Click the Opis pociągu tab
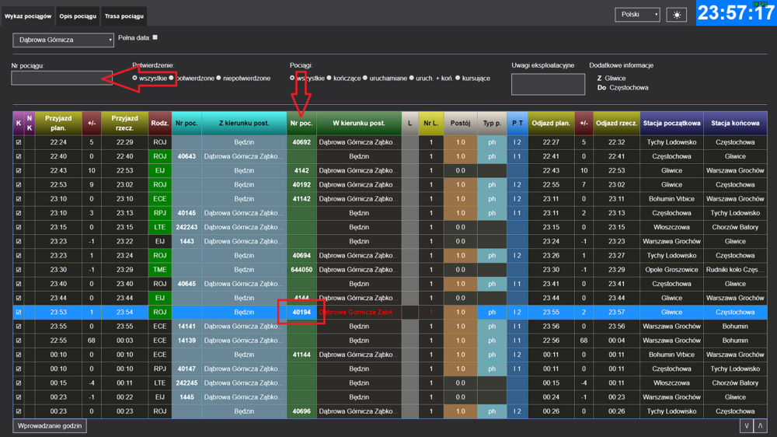point(78,16)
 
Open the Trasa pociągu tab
point(124,16)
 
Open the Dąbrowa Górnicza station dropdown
point(64,40)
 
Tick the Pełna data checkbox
point(155,37)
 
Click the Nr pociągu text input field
point(61,78)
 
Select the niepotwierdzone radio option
point(219,79)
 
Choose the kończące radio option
point(329,79)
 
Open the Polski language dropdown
point(637,15)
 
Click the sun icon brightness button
point(676,15)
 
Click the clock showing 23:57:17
point(735,13)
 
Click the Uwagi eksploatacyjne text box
point(548,84)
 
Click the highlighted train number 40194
point(301,312)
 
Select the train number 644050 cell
point(301,270)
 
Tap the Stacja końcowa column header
point(735,123)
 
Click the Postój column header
point(460,123)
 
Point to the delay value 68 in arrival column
point(91,341)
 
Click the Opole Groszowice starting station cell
point(671,270)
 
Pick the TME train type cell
point(159,270)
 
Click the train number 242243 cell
point(186,227)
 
